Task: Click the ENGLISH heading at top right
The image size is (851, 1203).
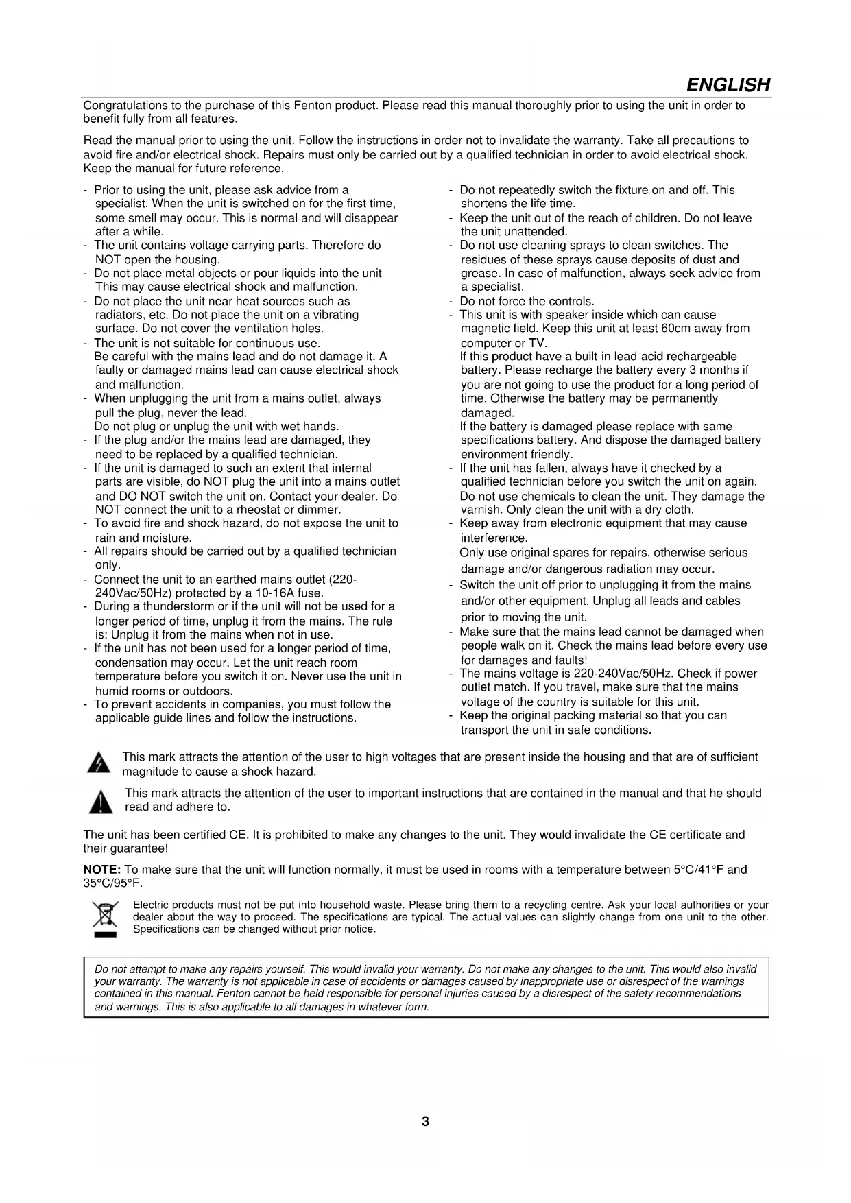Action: pyautogui.click(x=728, y=85)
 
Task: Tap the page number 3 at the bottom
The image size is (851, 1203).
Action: pyautogui.click(x=425, y=1122)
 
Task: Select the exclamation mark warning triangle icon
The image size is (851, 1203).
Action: pyautogui.click(x=101, y=801)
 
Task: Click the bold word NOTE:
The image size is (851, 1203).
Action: pyautogui.click(x=102, y=870)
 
